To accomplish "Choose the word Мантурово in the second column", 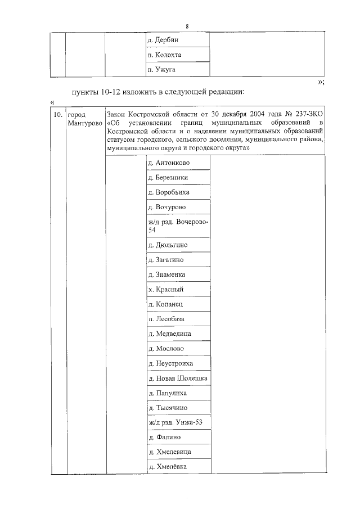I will [x=83, y=123].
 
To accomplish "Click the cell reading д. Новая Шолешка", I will [x=177, y=378].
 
